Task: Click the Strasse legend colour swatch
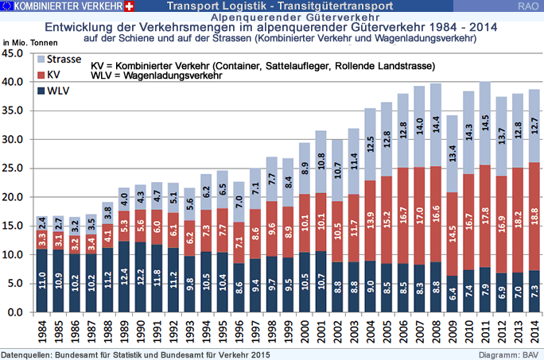coord(41,60)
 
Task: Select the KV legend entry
coord(49,75)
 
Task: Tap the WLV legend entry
coord(53,91)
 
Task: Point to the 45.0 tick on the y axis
coord(13,53)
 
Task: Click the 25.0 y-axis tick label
coord(13,168)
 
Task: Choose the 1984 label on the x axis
coord(42,332)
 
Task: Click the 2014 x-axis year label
coord(534,332)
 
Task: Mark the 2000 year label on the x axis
coord(305,332)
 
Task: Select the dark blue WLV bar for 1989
coord(124,277)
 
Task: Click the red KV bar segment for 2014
coord(534,216)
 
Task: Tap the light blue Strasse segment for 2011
coord(485,123)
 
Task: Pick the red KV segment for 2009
coord(453,234)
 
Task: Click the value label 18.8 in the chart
coord(534,216)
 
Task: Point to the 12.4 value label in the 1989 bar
coord(124,277)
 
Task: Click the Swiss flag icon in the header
coord(129,6)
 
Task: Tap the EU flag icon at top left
coord(7,6)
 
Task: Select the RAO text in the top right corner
coord(528,6)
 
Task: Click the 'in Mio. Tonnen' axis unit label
coord(30,43)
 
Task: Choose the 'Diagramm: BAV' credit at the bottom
coord(509,354)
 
